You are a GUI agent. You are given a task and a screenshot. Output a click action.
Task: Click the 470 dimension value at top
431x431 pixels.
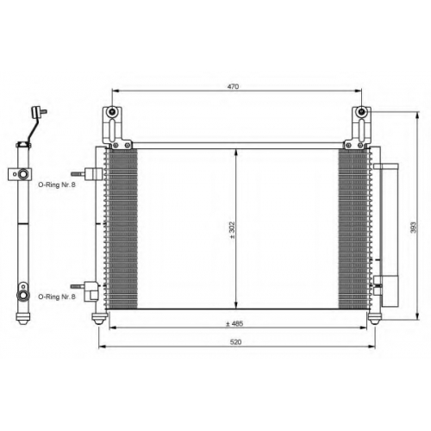[x=233, y=86]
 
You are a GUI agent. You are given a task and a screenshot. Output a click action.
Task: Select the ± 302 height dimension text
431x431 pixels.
[x=232, y=230]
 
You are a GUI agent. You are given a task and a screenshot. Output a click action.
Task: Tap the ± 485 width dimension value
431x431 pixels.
[x=234, y=323]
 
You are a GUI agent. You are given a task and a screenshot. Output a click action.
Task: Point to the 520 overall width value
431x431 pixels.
[x=235, y=342]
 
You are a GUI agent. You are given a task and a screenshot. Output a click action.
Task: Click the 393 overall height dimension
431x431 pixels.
[x=413, y=228]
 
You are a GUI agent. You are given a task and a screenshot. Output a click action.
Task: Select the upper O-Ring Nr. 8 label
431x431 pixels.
[x=57, y=184]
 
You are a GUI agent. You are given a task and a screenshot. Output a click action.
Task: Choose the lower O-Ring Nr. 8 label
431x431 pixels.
[x=57, y=297]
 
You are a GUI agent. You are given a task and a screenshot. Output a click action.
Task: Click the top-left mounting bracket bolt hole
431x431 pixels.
[x=112, y=112]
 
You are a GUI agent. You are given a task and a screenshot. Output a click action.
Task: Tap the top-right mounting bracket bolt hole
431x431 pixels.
[x=361, y=112]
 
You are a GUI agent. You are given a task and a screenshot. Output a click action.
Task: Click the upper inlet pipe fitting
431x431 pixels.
[x=87, y=174]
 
